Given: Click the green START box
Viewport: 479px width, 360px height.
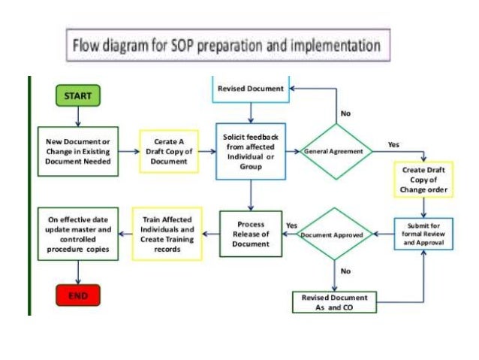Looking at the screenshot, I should (77, 97).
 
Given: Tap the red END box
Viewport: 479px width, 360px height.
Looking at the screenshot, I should (78, 296).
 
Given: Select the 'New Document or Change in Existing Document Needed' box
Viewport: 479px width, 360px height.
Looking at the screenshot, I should (78, 151).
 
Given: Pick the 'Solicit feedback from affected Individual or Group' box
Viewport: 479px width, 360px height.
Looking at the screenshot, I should (251, 152).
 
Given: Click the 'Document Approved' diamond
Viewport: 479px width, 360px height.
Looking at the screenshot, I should (331, 234).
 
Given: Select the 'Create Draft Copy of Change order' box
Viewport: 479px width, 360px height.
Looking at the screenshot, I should (424, 181).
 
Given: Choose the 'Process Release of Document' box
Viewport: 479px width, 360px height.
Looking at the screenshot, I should (251, 234).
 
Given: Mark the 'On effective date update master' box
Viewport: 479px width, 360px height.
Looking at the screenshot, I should (78, 234).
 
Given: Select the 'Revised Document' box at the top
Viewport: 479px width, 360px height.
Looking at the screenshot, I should (250, 89).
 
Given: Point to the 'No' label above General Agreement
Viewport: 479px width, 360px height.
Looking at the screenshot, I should (345, 114).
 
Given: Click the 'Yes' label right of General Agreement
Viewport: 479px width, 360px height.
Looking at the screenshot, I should (393, 144).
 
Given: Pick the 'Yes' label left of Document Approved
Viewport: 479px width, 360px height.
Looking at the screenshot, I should (291, 225).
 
